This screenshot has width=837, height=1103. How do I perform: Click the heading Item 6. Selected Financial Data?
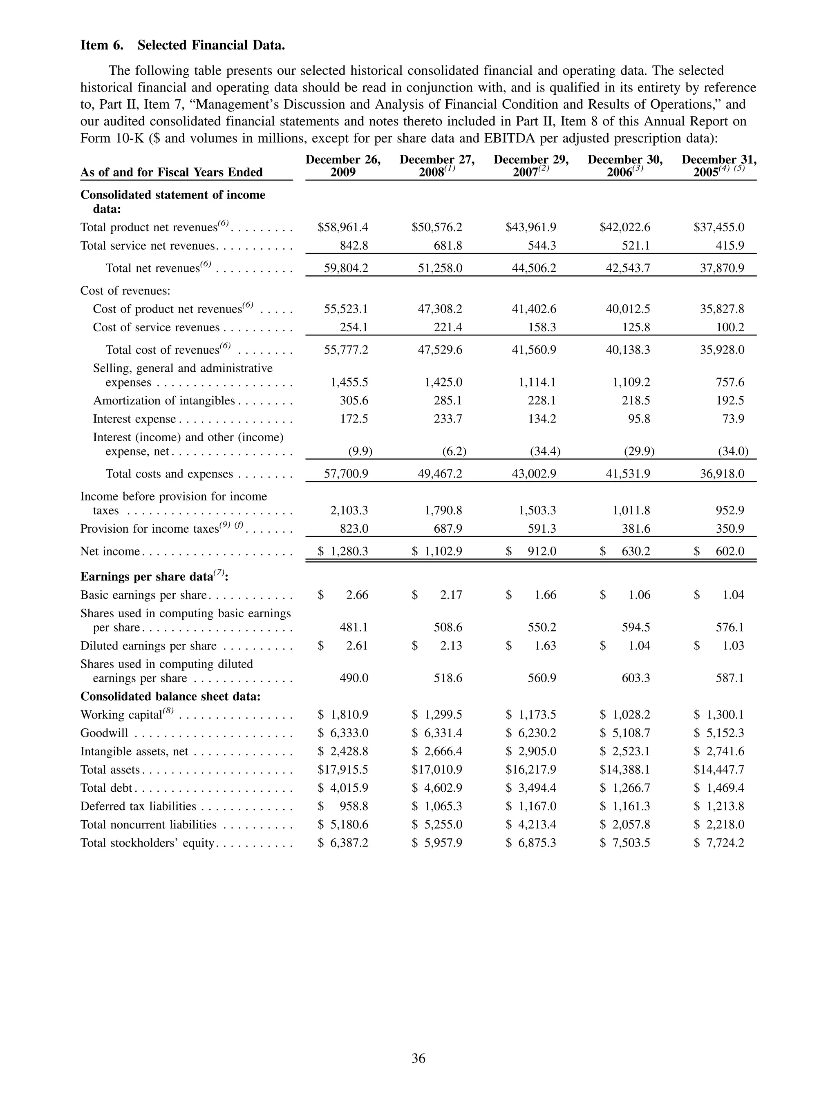click(x=183, y=45)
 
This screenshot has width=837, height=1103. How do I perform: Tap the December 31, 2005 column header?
click(x=719, y=166)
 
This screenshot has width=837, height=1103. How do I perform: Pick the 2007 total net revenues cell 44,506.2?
click(x=534, y=268)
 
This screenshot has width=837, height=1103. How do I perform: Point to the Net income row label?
click(x=110, y=551)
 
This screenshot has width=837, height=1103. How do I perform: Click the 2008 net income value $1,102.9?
click(x=437, y=551)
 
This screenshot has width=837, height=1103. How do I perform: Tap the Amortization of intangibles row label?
click(x=163, y=401)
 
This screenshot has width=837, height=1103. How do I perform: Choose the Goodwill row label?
click(x=104, y=733)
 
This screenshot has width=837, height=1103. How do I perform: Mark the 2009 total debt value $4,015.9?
click(x=343, y=788)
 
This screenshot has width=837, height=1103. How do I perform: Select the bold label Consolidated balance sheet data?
click(x=170, y=696)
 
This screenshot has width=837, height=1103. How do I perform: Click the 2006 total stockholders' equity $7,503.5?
click(x=625, y=843)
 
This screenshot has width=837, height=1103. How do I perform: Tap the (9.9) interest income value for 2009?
click(x=360, y=452)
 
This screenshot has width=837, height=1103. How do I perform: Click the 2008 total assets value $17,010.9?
click(x=437, y=769)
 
